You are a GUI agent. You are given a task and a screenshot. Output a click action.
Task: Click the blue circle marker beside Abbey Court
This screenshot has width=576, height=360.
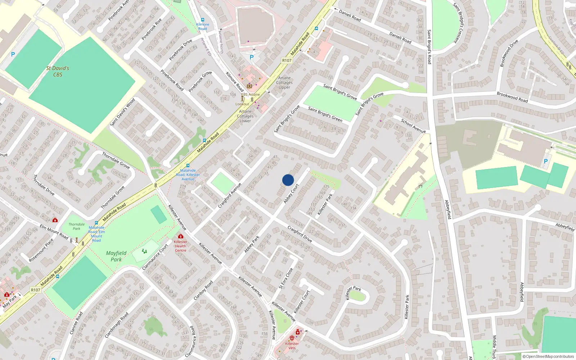[288, 180]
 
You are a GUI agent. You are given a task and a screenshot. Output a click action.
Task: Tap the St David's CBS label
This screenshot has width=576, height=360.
[58, 71]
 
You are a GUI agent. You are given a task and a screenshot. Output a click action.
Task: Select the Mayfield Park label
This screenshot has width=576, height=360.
[116, 256]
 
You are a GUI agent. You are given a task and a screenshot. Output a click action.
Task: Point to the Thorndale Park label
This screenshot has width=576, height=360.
[76, 226]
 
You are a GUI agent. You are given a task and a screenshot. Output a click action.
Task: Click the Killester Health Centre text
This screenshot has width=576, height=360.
[180, 246]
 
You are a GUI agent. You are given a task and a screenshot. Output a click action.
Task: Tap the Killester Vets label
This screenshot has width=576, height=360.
[292, 346]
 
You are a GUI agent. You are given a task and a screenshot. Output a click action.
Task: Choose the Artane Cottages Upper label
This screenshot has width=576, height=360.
[284, 82]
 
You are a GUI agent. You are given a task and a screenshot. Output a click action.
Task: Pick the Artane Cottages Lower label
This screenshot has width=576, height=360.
[245, 116]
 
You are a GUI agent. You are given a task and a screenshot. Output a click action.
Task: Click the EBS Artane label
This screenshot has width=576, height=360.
[250, 94]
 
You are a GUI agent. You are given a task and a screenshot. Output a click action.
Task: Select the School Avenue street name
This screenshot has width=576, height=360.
[413, 126]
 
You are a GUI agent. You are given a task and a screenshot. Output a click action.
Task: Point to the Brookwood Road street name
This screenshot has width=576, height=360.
[512, 97]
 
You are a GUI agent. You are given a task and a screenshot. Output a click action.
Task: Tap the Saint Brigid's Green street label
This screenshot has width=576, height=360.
[325, 114]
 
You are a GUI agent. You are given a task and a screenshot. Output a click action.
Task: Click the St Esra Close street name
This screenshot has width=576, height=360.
[286, 279]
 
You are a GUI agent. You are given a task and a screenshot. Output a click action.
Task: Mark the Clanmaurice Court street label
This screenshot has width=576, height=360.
[155, 257]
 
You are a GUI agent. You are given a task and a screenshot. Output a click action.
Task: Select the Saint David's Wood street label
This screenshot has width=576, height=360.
[122, 112]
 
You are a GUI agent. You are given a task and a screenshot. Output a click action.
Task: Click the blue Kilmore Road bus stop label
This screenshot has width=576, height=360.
[203, 27]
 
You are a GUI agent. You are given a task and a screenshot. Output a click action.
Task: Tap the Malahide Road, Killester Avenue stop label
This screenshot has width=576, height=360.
[188, 175]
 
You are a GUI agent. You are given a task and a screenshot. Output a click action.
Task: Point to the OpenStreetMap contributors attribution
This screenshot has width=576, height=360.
[548, 356]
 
